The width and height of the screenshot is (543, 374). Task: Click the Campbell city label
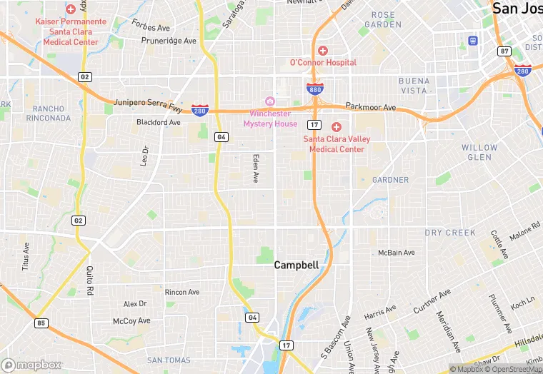pyautogui.click(x=296, y=265)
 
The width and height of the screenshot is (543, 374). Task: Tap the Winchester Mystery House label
pyautogui.click(x=270, y=118)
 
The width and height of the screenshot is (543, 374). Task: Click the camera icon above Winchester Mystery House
pyautogui.click(x=269, y=101)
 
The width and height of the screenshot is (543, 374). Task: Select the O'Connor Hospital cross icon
pyautogui.click(x=323, y=51)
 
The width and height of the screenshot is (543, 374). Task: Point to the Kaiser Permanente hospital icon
pyautogui.click(x=70, y=9)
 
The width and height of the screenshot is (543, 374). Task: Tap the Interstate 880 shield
pyautogui.click(x=314, y=89)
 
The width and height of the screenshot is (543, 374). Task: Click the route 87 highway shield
pyautogui.click(x=505, y=51)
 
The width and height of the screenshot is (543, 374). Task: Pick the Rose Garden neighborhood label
pyautogui.click(x=383, y=19)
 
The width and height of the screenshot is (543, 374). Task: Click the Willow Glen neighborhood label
pyautogui.click(x=479, y=152)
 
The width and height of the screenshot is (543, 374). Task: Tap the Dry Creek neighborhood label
pyautogui.click(x=450, y=233)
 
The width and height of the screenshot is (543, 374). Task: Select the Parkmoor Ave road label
pyautogui.click(x=370, y=107)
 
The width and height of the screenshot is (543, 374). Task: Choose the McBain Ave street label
pyautogui.click(x=396, y=252)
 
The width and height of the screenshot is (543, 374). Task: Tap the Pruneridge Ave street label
pyautogui.click(x=169, y=41)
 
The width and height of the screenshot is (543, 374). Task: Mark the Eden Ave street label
pyautogui.click(x=255, y=168)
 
